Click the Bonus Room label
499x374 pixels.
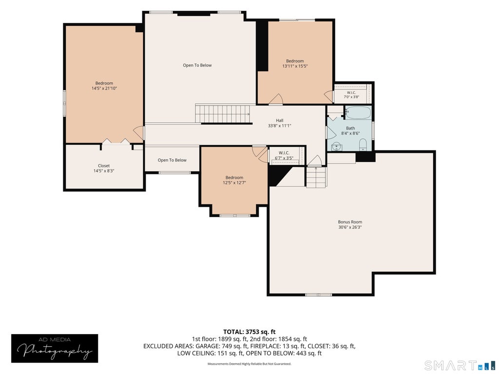coord(350,222)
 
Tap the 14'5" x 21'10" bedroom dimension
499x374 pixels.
coord(104,89)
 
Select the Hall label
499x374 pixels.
coord(280,120)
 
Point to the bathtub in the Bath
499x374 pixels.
coord(358,112)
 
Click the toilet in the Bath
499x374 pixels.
coord(363,146)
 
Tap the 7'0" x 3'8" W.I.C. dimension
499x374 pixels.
coord(351,97)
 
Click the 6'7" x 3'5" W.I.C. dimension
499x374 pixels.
coord(284,158)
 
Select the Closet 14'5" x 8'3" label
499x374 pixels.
coord(104,168)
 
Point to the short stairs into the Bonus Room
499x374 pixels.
coord(316,177)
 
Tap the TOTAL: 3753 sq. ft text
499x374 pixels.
coord(249,332)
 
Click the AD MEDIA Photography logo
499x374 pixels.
coord(55,348)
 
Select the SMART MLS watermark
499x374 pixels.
coord(459,365)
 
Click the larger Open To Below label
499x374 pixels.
coord(197,65)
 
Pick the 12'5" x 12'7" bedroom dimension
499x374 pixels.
coord(234,183)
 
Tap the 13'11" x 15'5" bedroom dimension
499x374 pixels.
coord(295,66)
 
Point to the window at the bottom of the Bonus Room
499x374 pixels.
coord(319,295)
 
